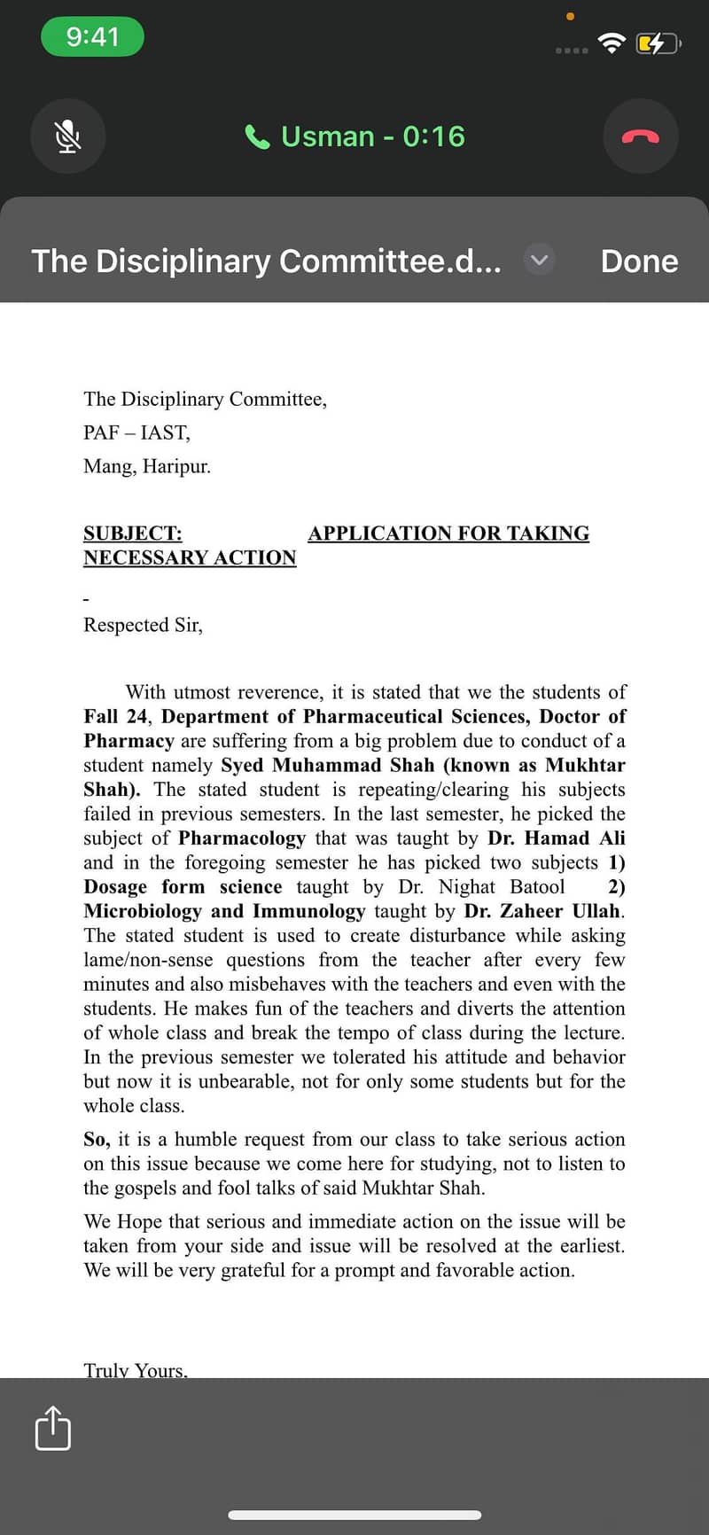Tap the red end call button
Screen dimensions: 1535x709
640,136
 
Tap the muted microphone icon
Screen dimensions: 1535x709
68,136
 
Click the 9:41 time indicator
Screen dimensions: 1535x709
92,36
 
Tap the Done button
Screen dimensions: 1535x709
639,261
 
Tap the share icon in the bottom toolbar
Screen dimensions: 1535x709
52,1428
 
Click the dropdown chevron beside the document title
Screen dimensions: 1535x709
539,261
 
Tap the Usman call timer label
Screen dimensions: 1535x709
355,136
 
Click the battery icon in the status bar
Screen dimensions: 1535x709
657,43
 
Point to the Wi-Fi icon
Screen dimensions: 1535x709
612,43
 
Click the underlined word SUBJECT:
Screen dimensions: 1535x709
133,534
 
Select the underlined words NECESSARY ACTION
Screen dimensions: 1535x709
190,558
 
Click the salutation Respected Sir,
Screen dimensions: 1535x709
143,625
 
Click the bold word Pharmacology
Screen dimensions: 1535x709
242,838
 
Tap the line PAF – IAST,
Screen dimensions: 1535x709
136,432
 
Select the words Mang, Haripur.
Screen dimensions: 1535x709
147,466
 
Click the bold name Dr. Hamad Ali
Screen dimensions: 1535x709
556,838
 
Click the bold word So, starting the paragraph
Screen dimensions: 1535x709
97,1140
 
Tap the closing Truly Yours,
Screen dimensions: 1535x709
136,1369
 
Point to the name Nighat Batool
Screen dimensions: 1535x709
501,887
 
